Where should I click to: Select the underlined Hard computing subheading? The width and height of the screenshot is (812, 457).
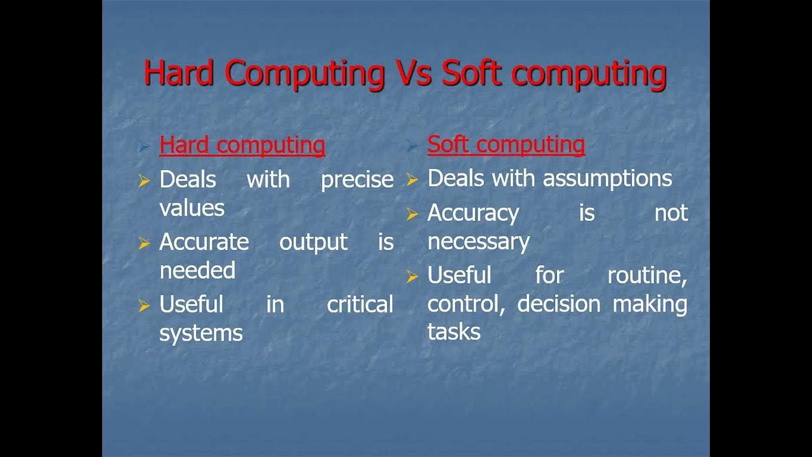click(x=242, y=145)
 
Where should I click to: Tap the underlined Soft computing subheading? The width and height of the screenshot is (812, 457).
click(x=506, y=145)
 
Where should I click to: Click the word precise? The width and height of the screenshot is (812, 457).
click(x=357, y=180)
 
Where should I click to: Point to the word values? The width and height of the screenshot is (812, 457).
click(x=192, y=208)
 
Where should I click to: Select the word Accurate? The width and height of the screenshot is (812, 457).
click(x=204, y=242)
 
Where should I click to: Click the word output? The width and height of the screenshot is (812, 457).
click(x=313, y=242)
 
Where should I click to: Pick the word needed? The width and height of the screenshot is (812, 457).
click(x=197, y=270)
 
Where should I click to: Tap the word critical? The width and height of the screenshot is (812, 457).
click(x=360, y=305)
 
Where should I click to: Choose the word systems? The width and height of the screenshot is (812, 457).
click(x=200, y=333)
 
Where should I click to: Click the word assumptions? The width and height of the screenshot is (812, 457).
click(x=607, y=179)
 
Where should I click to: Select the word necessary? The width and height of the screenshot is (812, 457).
click(x=478, y=242)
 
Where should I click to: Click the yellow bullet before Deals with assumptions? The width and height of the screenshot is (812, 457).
click(x=412, y=181)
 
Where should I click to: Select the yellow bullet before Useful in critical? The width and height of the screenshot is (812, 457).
click(x=144, y=306)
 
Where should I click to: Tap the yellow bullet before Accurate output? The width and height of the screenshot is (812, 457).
click(x=144, y=243)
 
